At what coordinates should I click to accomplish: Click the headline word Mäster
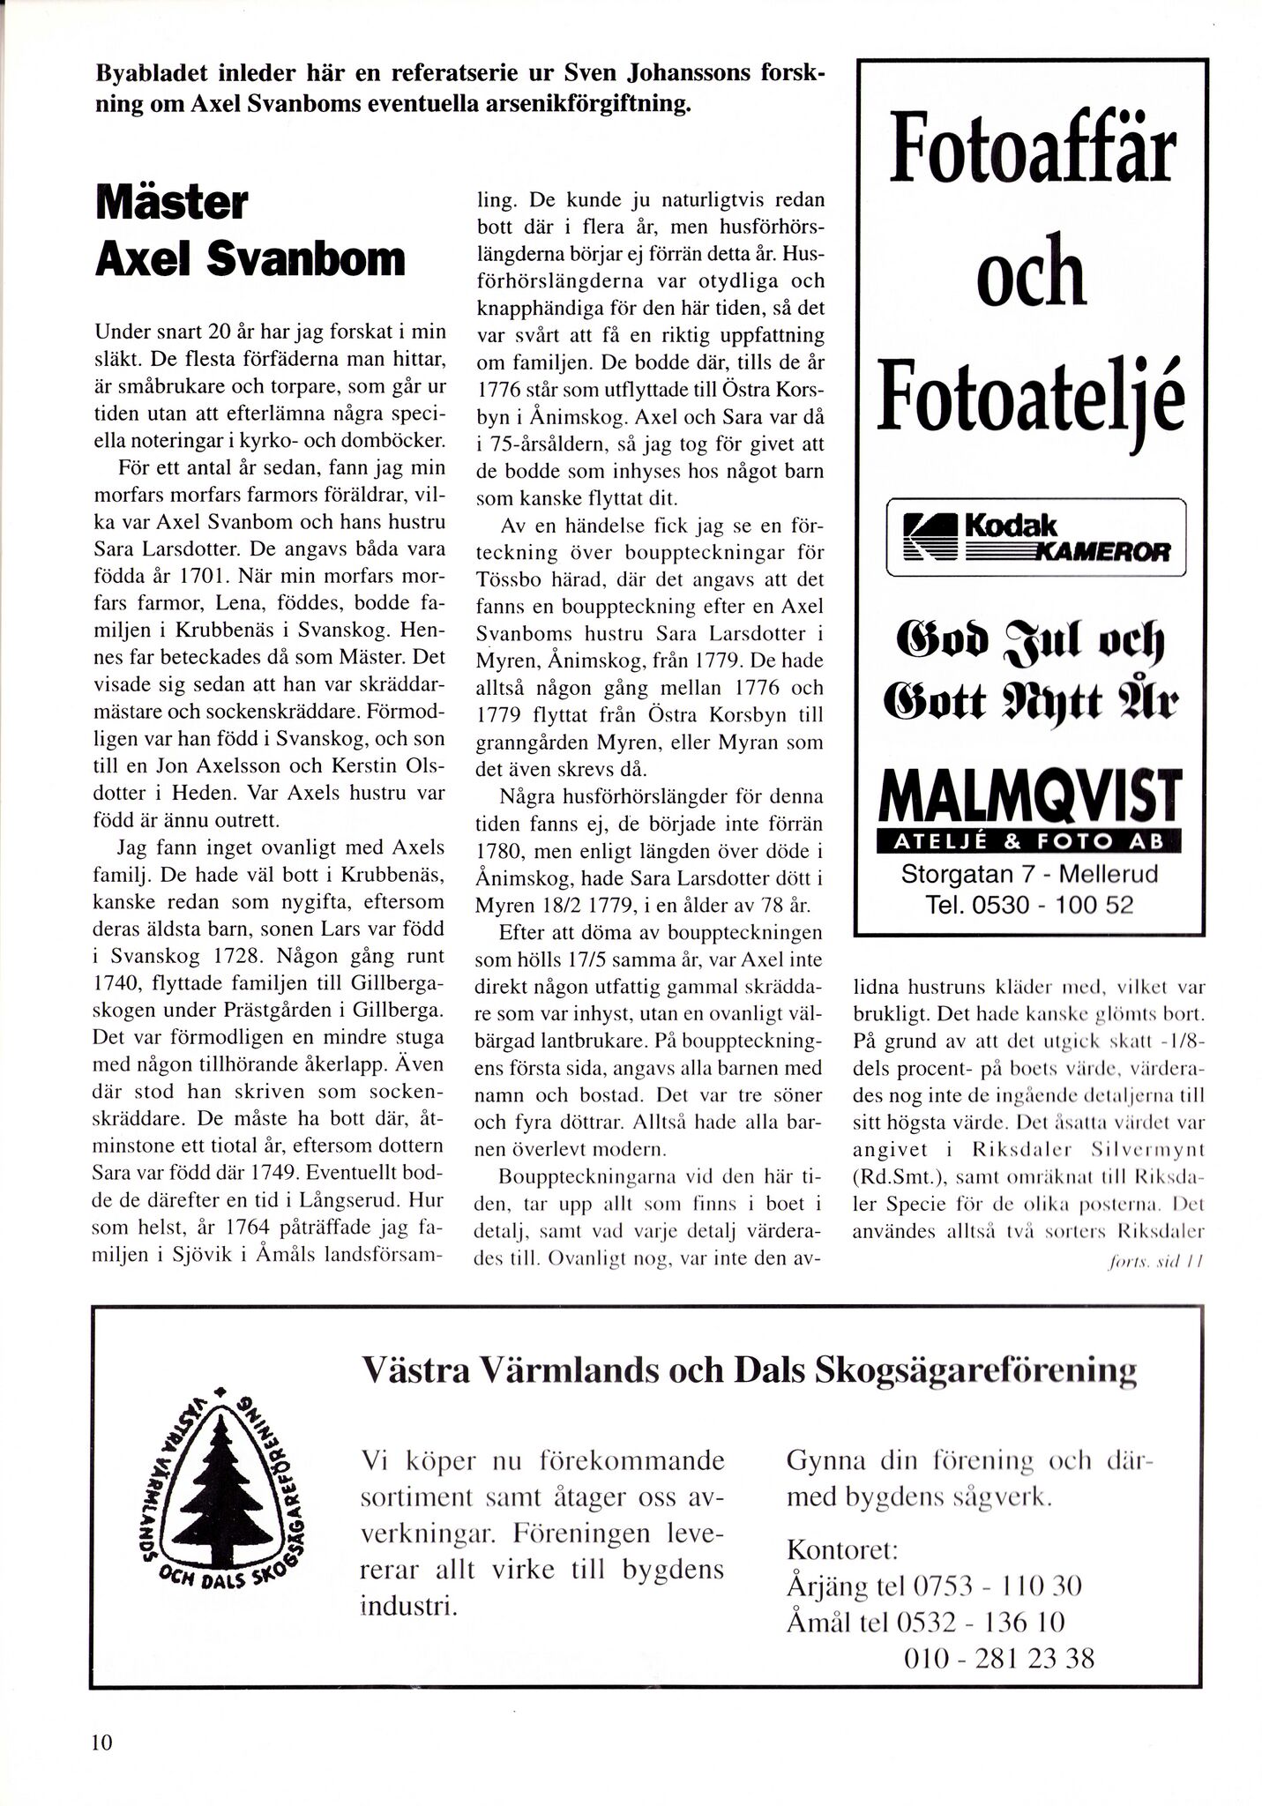coord(172,205)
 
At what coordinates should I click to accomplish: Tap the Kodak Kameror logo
coord(1035,537)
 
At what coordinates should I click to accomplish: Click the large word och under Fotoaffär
coord(1029,275)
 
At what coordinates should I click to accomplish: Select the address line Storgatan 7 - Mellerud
coord(1029,876)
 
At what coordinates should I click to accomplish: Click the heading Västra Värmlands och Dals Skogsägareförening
coord(749,1373)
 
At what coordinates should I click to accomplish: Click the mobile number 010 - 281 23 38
coord(999,1659)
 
